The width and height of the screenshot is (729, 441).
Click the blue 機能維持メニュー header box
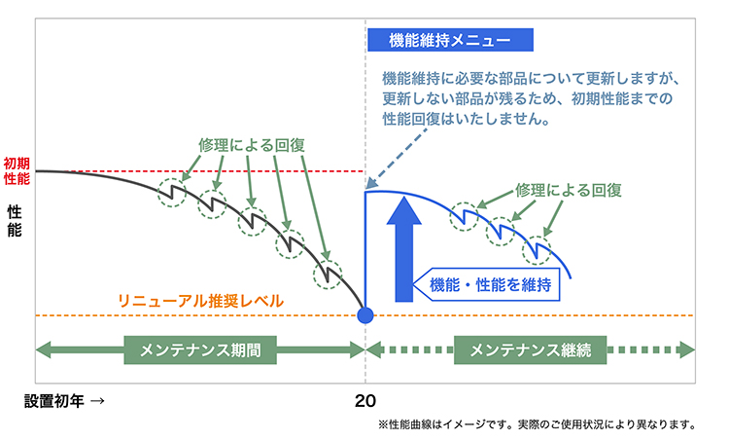[x=451, y=40]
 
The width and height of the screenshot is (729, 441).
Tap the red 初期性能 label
[x=17, y=171]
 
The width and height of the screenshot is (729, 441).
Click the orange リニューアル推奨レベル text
[x=200, y=302]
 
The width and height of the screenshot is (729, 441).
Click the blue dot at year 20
[x=365, y=315]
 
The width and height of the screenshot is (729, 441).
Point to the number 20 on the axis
[x=365, y=400]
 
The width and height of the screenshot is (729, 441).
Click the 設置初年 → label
[x=65, y=400]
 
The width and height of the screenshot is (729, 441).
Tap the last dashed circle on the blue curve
[x=536, y=250]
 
